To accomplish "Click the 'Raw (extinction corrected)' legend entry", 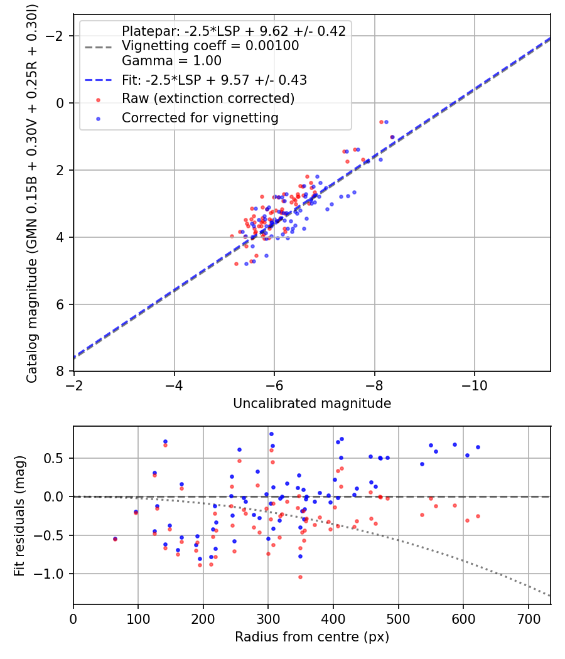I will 208,99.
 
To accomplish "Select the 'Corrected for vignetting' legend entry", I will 200,117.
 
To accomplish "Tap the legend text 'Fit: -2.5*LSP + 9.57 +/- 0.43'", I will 214,80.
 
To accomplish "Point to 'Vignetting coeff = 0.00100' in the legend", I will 210,46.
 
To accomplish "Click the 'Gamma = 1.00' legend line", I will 171,61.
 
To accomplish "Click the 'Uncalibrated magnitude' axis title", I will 312,404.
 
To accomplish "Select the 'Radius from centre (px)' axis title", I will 312,637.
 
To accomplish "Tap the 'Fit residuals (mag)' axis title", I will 19,515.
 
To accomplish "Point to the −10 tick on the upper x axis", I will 475,384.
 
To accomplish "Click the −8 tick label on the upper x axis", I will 375,384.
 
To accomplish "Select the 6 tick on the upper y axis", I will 61,304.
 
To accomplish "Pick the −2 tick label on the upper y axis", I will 58,36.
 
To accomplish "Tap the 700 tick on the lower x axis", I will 528,618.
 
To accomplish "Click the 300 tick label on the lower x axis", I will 268,618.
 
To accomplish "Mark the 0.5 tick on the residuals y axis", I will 56,458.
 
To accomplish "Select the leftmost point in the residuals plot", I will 115,538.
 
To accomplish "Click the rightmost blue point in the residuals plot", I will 478,447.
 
